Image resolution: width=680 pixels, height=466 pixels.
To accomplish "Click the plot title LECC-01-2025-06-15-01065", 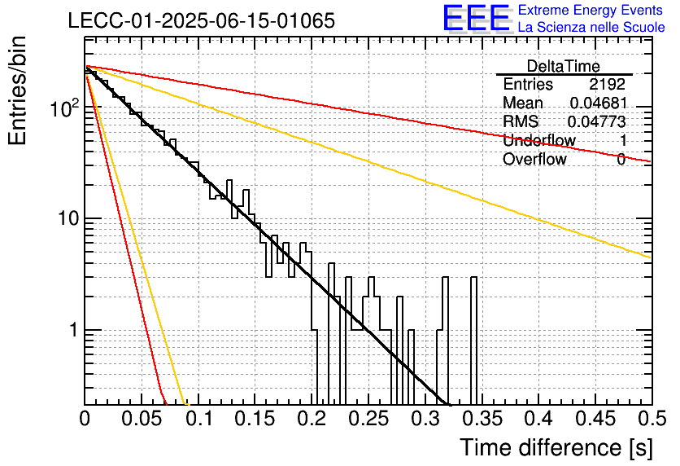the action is [202, 20].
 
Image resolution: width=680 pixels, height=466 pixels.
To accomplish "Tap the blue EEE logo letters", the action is [477, 18].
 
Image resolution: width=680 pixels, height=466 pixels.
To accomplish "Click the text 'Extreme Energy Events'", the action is [591, 10].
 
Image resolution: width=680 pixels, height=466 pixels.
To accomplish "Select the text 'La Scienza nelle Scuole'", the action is [591, 27].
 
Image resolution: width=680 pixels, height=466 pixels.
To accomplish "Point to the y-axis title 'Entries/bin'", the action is [18, 90].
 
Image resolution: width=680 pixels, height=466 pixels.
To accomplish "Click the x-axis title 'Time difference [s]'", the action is [556, 448].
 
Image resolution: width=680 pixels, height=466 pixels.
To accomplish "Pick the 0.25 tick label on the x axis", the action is [368, 419].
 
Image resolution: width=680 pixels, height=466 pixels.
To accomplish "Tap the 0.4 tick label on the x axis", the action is [539, 419].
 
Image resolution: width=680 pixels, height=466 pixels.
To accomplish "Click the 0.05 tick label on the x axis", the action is [141, 419].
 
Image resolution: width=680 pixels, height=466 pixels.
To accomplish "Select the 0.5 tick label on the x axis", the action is [652, 419].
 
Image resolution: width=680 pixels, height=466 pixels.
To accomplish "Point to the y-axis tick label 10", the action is [69, 218].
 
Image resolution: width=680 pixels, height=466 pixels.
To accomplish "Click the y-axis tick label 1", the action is [74, 330].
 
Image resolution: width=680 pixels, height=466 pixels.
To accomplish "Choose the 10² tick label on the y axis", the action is [65, 108].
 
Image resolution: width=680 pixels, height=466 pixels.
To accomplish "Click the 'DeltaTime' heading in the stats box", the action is [564, 66].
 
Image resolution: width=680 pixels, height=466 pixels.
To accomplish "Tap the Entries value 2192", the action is [607, 84].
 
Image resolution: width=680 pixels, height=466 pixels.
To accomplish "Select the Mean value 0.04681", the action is [599, 103].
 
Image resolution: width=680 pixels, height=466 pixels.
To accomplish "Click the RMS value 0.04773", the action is [597, 122].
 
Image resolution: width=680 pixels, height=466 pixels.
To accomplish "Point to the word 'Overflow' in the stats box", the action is [534, 159].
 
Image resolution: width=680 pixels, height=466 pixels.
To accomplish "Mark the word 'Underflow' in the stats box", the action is [539, 140].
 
